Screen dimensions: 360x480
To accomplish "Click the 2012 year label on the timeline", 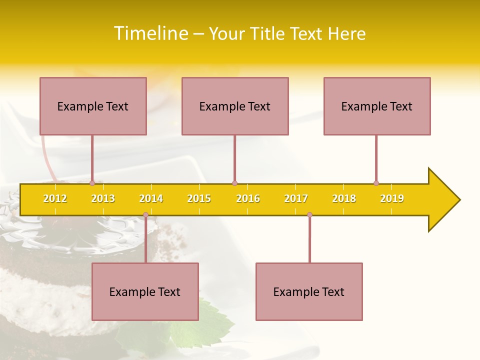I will (x=55, y=199).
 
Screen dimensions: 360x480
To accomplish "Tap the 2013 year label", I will (x=103, y=199).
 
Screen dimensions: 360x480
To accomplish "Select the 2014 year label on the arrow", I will (x=151, y=199).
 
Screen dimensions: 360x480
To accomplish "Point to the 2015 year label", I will (x=199, y=199).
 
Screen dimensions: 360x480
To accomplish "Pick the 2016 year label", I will (x=248, y=199).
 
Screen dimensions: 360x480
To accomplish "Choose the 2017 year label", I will (x=296, y=199).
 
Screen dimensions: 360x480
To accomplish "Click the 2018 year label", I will (x=344, y=199).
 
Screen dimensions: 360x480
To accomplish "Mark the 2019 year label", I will (x=392, y=199).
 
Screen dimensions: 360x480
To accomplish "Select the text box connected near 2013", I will (x=93, y=106).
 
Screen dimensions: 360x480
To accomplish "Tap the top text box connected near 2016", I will (x=235, y=106).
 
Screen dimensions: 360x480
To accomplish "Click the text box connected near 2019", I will (x=377, y=106).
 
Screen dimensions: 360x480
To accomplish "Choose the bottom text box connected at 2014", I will (x=145, y=291).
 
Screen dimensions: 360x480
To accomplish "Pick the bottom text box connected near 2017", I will (x=309, y=291).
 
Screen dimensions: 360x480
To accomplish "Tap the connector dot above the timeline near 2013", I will (x=92, y=183).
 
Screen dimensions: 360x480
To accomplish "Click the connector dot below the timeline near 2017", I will (x=309, y=215).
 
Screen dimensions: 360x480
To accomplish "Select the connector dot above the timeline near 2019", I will (x=376, y=183).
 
